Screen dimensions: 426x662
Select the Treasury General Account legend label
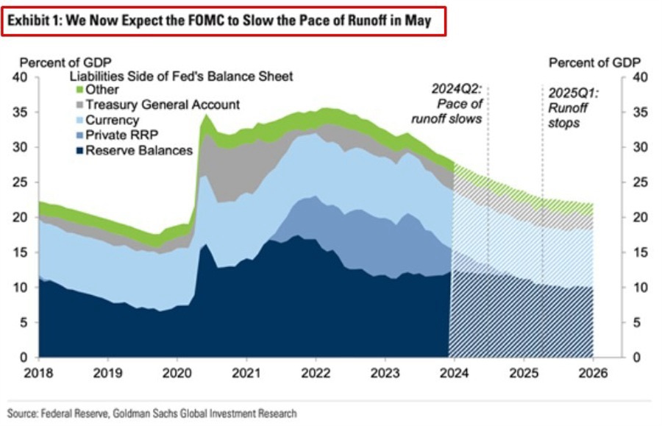click(x=163, y=104)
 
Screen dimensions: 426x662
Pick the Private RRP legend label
click(x=121, y=135)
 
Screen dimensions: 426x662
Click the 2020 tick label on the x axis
click(x=177, y=373)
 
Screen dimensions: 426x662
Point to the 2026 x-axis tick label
click(x=593, y=373)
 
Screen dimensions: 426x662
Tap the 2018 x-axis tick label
click(x=38, y=373)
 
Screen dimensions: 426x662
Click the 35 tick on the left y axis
click(x=19, y=112)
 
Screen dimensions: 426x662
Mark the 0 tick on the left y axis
click(x=23, y=358)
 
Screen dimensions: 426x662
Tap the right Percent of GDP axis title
click(x=594, y=62)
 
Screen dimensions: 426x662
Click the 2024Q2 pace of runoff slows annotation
click(x=457, y=103)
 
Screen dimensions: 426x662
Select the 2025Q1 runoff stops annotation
click(x=572, y=108)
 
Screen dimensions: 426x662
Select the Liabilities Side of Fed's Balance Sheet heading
click(x=181, y=76)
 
